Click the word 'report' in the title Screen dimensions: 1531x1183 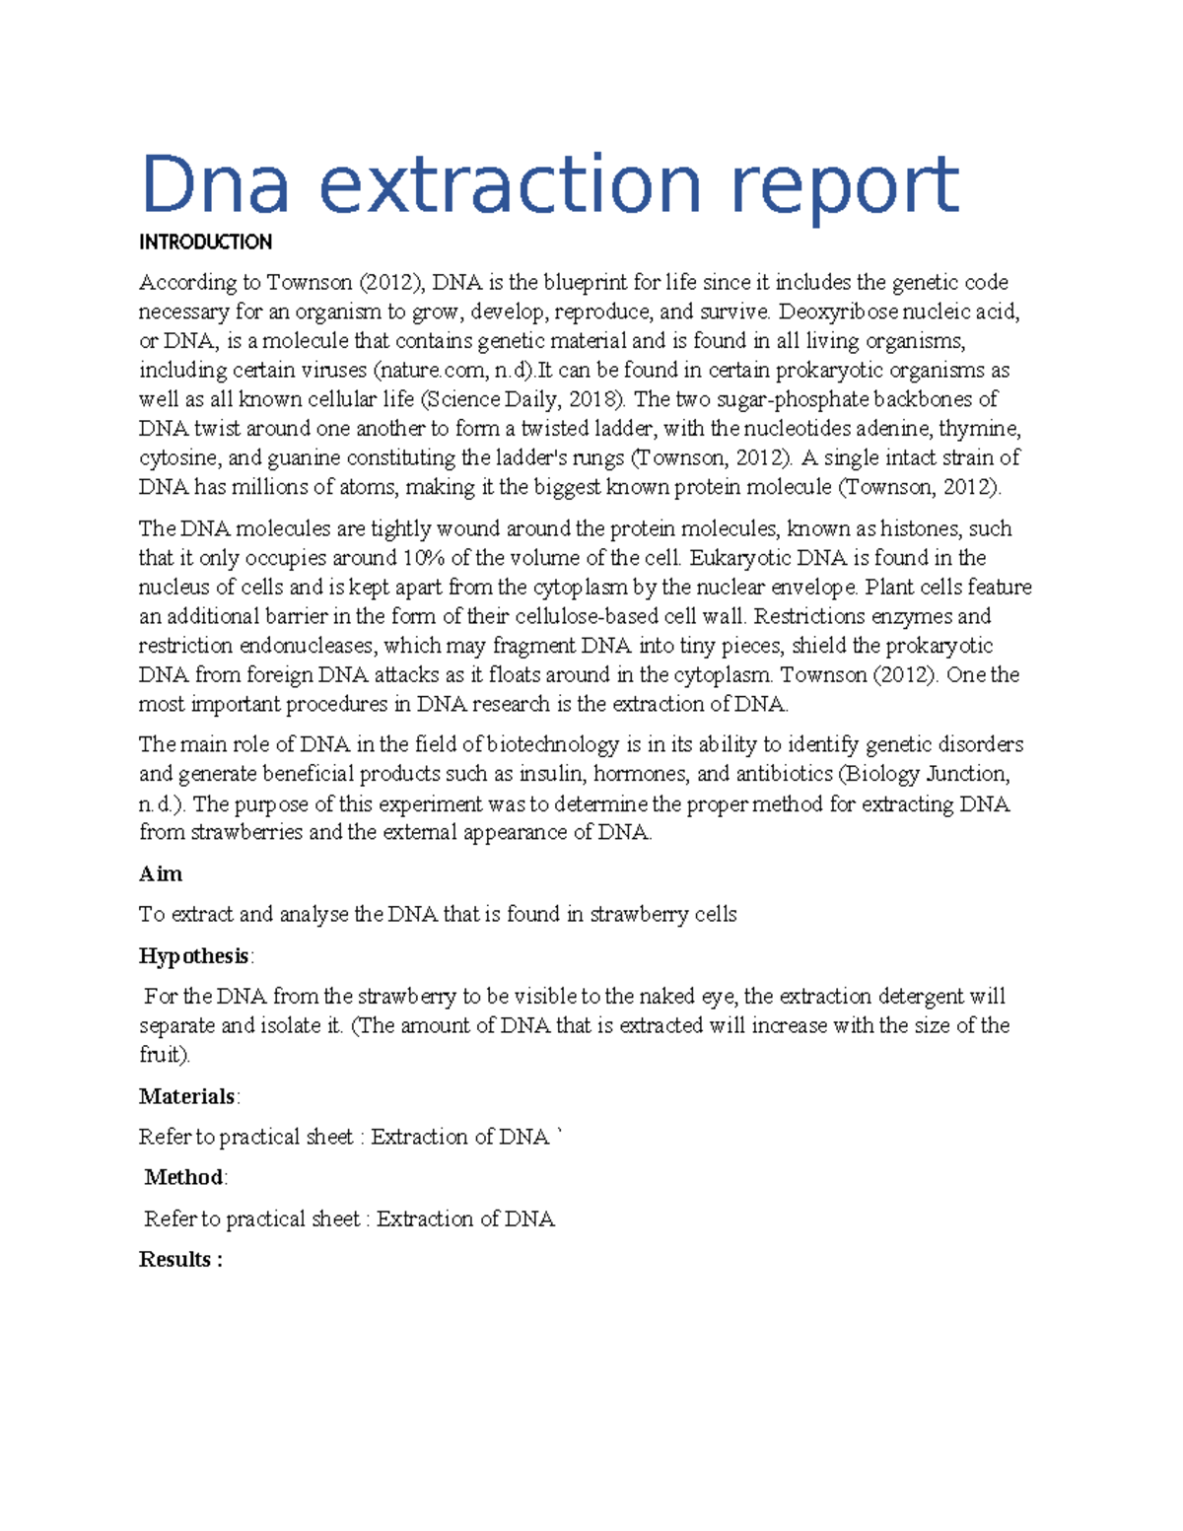[844, 184]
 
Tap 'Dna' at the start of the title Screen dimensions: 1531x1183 [216, 184]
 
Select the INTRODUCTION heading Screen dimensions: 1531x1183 [205, 243]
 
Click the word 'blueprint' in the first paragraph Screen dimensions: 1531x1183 [585, 283]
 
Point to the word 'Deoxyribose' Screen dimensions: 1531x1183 [838, 313]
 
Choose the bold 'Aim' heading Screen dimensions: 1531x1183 [160, 874]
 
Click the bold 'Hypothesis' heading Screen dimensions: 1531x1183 [193, 956]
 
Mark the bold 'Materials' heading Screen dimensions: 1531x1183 [186, 1096]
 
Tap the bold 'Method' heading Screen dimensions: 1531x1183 [183, 1177]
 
